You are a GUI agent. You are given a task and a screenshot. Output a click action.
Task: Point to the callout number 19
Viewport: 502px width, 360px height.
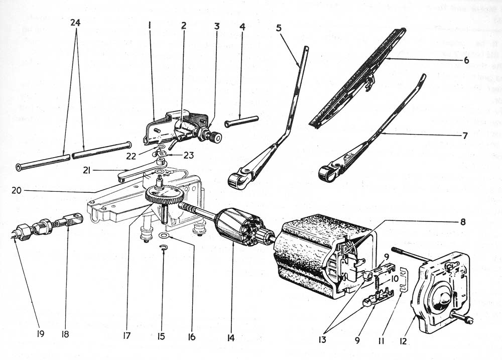41,333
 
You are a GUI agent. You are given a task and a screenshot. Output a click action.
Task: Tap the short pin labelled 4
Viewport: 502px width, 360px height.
241,121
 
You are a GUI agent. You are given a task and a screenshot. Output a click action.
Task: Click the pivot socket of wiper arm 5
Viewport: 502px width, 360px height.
237,179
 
